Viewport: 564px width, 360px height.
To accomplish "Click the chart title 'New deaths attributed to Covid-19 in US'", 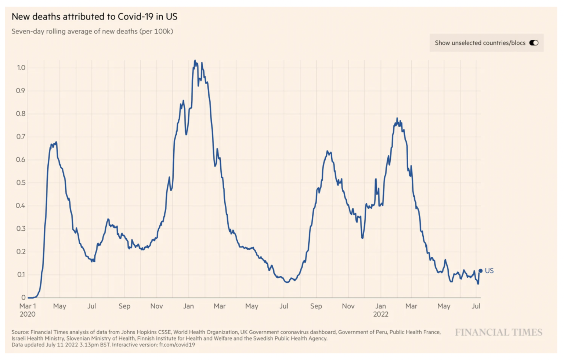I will pos(94,17).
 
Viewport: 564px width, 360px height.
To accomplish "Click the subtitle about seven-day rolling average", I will pos(92,31).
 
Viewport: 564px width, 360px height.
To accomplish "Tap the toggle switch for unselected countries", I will pos(534,43).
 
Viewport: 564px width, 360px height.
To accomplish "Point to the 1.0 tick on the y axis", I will pos(21,68).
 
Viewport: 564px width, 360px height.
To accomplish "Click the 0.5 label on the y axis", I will pos(21,183).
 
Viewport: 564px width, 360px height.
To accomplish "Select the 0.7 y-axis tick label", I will pos(21,137).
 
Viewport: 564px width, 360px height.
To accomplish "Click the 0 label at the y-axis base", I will pos(23,298).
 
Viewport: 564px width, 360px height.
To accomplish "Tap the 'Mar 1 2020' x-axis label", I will pos(28,310).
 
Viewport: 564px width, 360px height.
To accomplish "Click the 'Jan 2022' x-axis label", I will pos(381,310).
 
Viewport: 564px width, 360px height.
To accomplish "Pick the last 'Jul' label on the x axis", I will pos(476,306).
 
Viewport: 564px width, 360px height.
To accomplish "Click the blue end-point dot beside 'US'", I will pos(480,271).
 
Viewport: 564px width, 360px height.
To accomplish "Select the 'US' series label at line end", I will pos(489,271).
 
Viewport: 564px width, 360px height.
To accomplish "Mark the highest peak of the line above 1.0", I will pos(195,61).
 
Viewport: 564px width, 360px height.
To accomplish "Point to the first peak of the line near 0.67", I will pos(56,142).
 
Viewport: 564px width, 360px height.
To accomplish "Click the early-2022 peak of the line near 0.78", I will pos(397,118).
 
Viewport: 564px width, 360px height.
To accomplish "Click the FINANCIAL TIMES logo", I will pos(498,332).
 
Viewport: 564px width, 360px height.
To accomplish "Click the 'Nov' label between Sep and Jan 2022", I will pos(348,306).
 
